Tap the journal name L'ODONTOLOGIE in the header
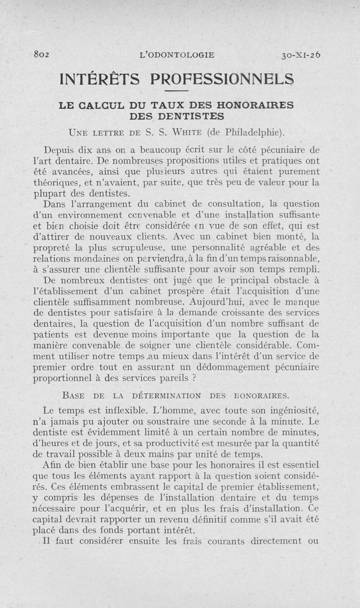177,55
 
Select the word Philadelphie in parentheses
253,132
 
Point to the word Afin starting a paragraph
54,466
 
